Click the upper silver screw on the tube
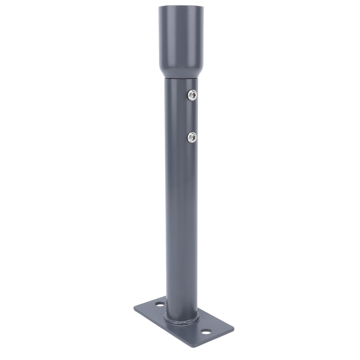coord(192,95)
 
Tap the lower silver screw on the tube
coord(192,137)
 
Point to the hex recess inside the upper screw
coord(193,95)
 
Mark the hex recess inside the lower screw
coord(193,137)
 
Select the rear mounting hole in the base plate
coord(160,305)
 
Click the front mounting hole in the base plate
coord(206,331)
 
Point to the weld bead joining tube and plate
coord(182,320)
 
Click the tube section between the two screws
coord(181,116)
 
